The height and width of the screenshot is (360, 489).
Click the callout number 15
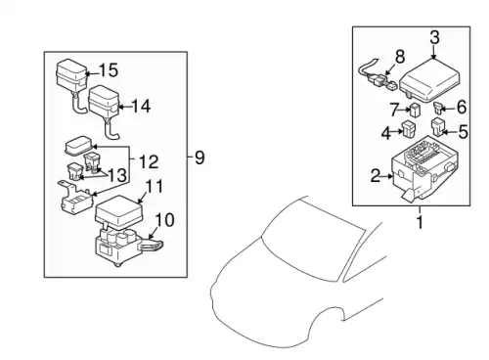[108, 70]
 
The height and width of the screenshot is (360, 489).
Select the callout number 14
[141, 106]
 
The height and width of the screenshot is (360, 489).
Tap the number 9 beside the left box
[200, 157]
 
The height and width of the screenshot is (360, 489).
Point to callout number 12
[149, 161]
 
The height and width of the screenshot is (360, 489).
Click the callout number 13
[117, 175]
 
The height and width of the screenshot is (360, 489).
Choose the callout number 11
[154, 187]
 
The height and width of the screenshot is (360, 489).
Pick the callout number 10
[164, 220]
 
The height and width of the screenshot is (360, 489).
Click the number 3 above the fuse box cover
[434, 37]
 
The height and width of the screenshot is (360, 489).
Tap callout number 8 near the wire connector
[400, 56]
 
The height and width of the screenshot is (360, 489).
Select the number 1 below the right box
[420, 222]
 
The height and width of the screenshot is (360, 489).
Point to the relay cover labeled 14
[104, 102]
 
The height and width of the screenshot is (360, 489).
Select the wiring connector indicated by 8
[378, 76]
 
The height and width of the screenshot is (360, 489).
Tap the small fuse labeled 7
[415, 111]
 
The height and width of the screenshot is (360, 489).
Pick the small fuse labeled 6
[437, 108]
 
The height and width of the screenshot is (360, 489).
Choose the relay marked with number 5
[438, 127]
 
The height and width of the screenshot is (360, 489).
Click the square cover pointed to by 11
[118, 211]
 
